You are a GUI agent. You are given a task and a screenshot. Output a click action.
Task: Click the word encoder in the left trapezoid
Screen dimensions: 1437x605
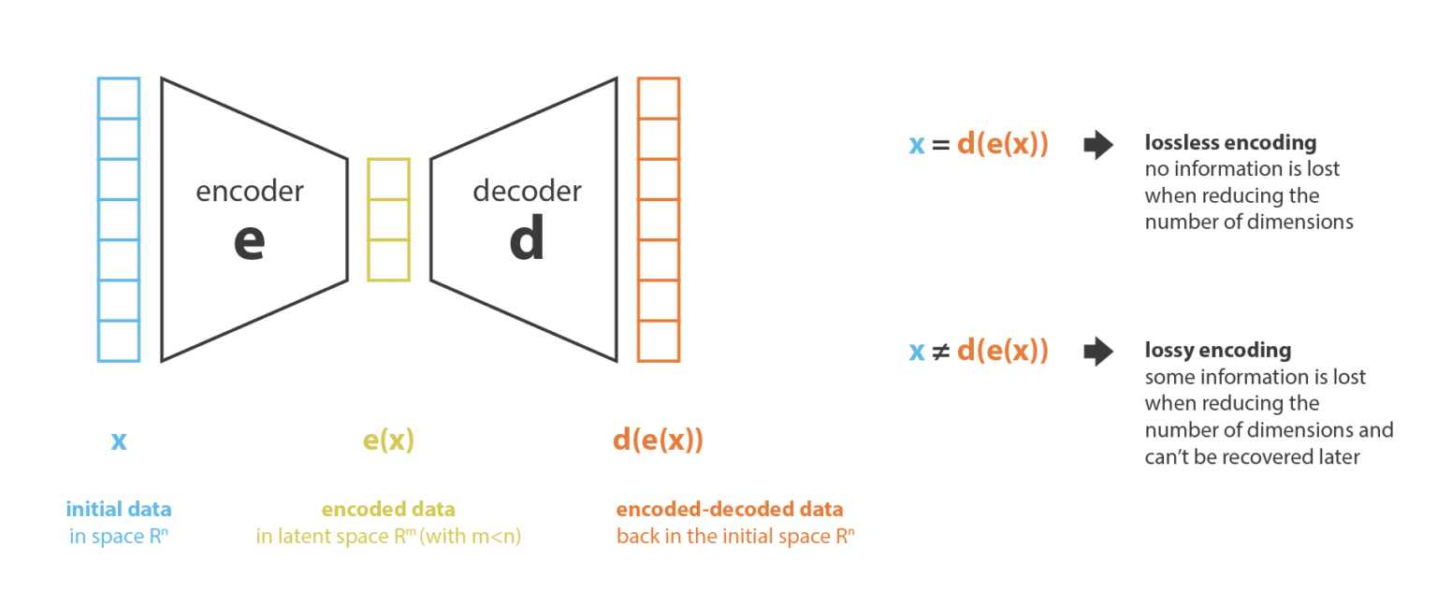click(x=250, y=191)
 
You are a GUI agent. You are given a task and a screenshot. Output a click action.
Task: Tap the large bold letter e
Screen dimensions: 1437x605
click(x=250, y=241)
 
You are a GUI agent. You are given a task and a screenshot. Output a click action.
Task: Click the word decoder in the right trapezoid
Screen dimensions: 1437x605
click(x=528, y=191)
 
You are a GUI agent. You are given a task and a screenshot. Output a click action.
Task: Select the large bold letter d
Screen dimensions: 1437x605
click(x=527, y=238)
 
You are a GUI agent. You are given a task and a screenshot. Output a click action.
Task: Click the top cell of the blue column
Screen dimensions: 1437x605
click(x=119, y=98)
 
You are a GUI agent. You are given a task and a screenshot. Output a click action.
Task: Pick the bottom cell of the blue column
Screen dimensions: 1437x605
click(x=119, y=341)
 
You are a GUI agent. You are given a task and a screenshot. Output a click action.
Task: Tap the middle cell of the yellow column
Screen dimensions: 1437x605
click(x=389, y=220)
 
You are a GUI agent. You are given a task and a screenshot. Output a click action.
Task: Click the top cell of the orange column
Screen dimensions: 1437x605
click(x=659, y=98)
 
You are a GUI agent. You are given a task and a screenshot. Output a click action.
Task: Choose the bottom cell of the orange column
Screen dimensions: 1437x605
click(x=659, y=341)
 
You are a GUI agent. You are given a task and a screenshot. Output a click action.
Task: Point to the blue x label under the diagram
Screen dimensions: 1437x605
click(x=119, y=441)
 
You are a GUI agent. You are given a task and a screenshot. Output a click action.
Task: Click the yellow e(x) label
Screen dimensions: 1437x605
click(x=389, y=440)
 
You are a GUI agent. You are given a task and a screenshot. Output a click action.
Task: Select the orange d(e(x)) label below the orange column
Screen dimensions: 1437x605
click(x=659, y=440)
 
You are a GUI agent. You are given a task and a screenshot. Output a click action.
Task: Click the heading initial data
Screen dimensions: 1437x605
click(x=119, y=509)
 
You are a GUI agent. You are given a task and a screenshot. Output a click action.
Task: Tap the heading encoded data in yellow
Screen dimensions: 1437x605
click(x=389, y=509)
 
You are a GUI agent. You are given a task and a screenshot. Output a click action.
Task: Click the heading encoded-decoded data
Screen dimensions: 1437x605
click(x=730, y=509)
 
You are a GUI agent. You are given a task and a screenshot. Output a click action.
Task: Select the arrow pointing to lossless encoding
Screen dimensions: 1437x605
click(x=1098, y=145)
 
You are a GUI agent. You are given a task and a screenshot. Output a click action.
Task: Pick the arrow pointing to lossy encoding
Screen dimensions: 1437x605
click(x=1098, y=352)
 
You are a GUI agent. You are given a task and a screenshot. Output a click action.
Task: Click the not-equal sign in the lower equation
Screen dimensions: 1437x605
click(x=940, y=352)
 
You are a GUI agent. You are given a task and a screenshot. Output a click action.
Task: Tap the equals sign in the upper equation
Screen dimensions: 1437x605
click(x=940, y=145)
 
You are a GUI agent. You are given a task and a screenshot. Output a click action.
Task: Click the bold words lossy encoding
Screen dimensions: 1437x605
click(x=1218, y=351)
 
